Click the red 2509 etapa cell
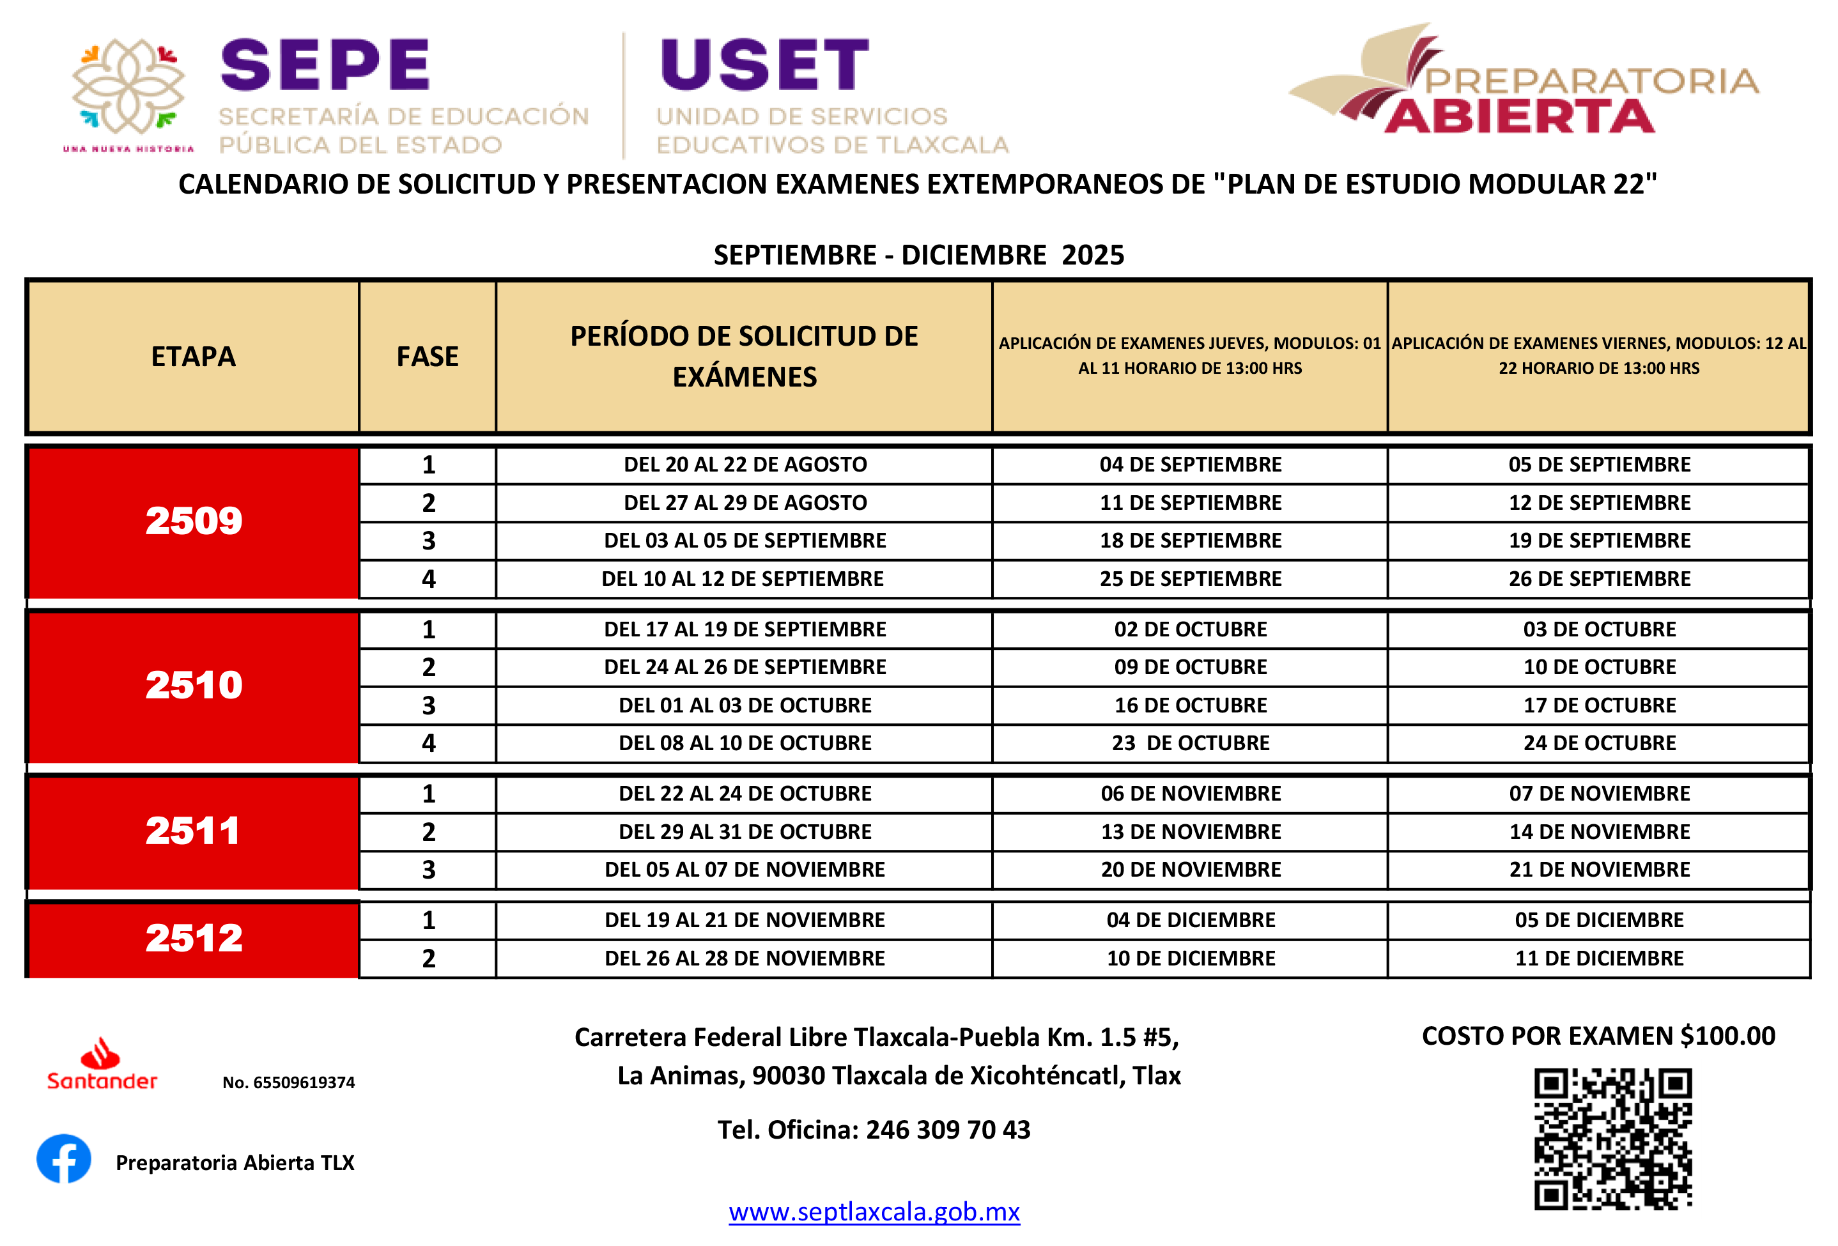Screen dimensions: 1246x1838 [193, 523]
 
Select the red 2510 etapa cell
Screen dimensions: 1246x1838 [193, 687]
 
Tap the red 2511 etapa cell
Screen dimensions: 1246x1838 [193, 833]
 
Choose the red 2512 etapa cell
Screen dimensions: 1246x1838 [193, 940]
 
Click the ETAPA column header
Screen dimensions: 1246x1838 [193, 357]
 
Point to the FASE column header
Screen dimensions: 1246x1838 [427, 357]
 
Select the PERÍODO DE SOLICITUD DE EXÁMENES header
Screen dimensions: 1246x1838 [743, 357]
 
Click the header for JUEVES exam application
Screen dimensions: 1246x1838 [1189, 356]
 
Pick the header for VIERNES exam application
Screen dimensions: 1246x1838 [1598, 356]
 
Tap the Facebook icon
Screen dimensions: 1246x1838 [64, 1158]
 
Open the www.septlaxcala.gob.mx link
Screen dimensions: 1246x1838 [874, 1212]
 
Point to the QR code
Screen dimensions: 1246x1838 [1612, 1139]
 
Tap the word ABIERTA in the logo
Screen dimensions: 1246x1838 [1518, 117]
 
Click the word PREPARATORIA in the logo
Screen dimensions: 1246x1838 [1591, 81]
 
